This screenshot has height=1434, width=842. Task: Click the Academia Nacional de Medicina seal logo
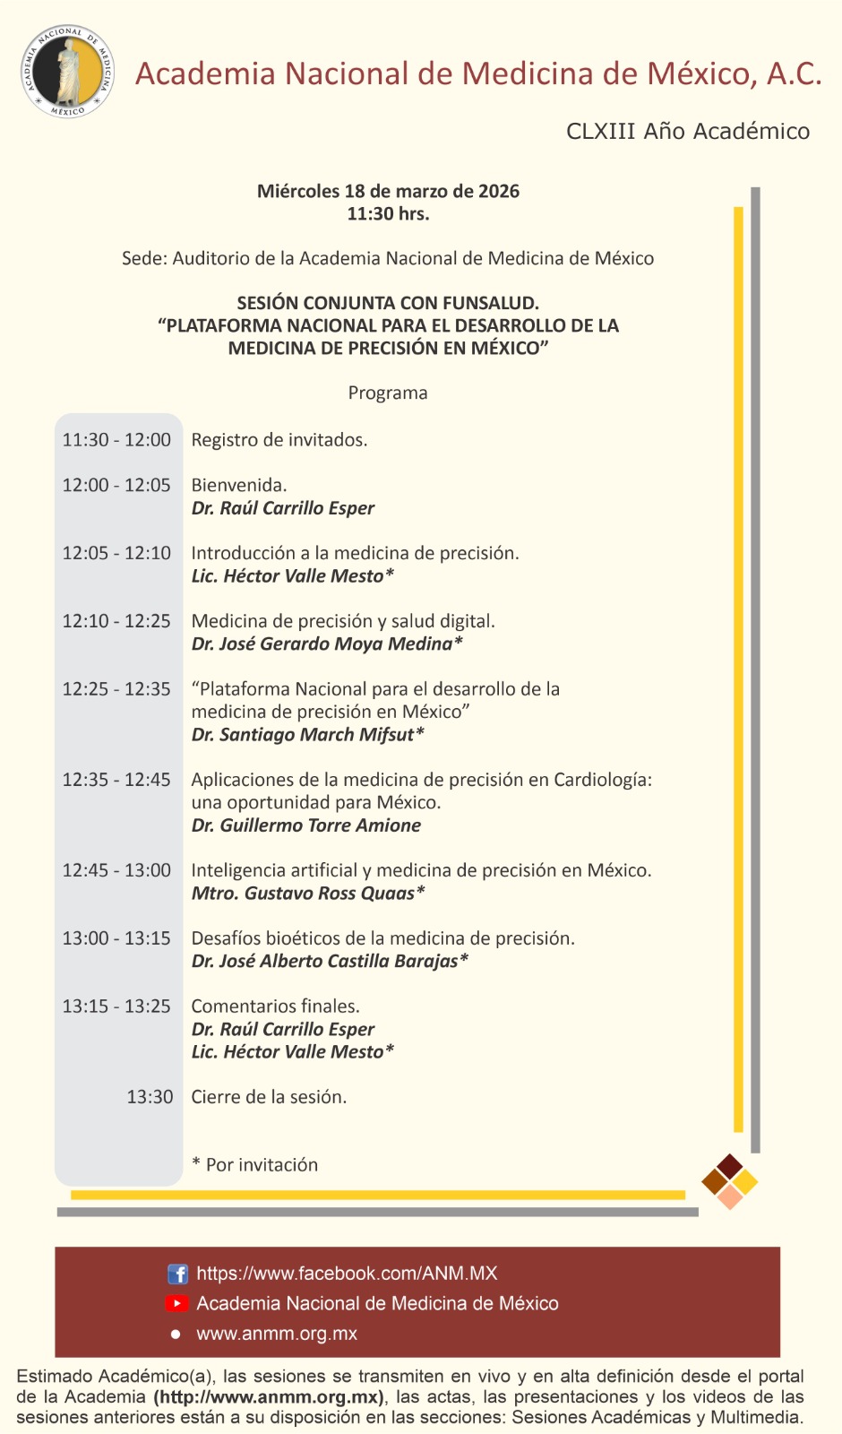pos(67,72)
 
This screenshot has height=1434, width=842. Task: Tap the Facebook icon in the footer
pos(177,1274)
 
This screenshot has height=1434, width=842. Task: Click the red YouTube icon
pos(177,1303)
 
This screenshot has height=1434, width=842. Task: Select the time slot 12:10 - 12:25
pos(116,621)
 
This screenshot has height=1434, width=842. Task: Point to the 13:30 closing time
pos(150,1097)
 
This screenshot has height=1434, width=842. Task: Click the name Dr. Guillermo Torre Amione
pos(305,825)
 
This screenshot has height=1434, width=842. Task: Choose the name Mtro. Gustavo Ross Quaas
pos(307,894)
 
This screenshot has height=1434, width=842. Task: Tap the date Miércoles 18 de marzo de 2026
pos(388,191)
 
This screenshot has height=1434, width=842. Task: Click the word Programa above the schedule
pos(388,393)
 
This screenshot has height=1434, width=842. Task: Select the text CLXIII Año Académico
pos(687,132)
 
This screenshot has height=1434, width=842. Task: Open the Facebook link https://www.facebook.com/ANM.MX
pos(347,1274)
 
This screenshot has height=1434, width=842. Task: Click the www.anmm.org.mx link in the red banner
pos(277,1334)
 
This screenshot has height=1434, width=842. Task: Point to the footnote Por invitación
pos(261,1165)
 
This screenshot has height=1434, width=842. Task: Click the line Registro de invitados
pos(279,440)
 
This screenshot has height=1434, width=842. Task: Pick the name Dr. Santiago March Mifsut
pos(307,735)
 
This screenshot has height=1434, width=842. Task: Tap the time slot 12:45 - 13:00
pos(116,870)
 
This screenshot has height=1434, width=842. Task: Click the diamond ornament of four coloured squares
pos(730,1181)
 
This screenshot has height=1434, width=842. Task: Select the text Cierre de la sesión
pos(269,1097)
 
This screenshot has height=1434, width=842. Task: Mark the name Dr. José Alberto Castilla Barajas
pos(329,962)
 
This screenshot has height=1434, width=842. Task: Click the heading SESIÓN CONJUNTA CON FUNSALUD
pos(388,303)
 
